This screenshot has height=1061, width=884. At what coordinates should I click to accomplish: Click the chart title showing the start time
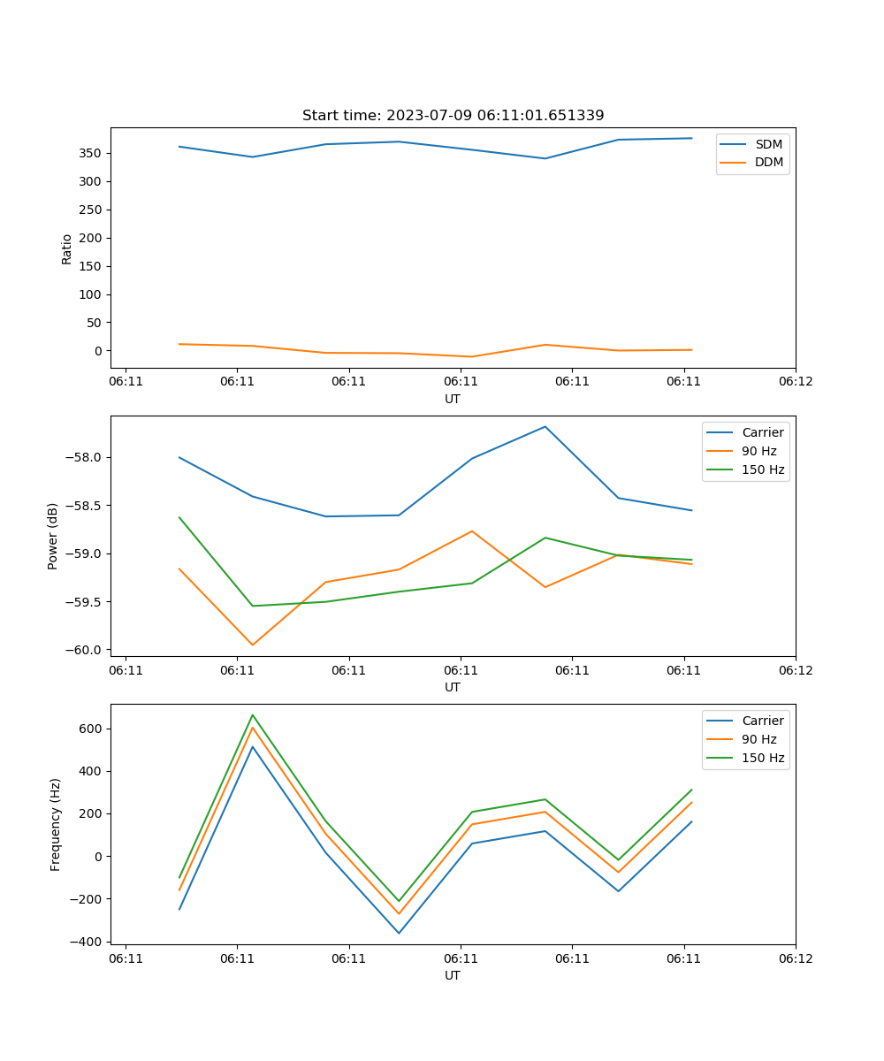click(x=453, y=116)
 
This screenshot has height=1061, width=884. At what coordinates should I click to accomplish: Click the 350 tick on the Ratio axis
click(x=92, y=153)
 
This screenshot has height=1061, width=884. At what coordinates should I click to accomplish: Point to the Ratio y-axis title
click(x=67, y=248)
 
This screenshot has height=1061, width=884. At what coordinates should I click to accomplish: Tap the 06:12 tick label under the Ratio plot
click(x=795, y=381)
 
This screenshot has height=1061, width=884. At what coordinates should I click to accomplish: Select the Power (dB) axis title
click(x=53, y=536)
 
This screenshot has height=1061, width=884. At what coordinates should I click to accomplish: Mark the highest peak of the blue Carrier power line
click(x=545, y=426)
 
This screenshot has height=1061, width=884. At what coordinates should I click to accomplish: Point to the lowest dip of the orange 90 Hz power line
click(x=253, y=645)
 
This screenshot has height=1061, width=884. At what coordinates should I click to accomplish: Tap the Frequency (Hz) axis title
click(x=56, y=824)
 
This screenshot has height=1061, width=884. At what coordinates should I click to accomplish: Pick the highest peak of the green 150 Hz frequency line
click(x=253, y=715)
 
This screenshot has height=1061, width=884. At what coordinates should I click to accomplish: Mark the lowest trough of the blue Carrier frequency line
click(x=399, y=933)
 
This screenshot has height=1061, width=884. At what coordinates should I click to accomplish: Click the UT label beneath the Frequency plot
click(x=453, y=975)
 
